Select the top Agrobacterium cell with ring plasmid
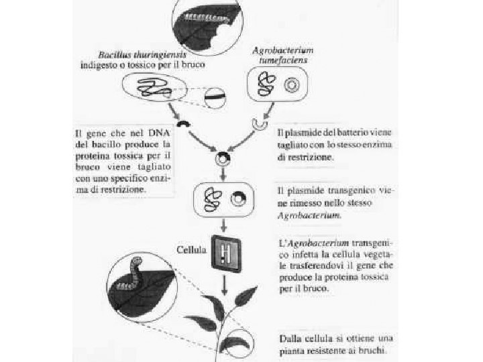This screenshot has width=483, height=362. tap(274, 85)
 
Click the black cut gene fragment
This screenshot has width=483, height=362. tap(182, 125)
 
